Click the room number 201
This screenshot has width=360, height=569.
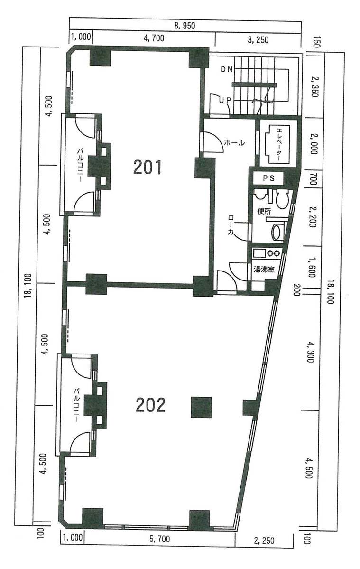[x=147, y=168]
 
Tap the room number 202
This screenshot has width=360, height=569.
[x=150, y=405]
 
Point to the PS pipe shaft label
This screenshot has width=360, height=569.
[x=268, y=178]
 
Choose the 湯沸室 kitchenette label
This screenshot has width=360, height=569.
[x=264, y=269]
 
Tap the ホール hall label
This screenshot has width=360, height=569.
[x=234, y=143]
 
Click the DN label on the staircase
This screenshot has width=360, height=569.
[x=227, y=70]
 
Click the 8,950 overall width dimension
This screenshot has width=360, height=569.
[x=185, y=26]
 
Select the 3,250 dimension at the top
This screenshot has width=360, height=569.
[x=258, y=39]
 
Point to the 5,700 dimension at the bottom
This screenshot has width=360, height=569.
[x=159, y=539]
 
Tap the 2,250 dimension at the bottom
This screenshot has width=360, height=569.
[x=264, y=541]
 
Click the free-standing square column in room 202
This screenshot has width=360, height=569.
[x=201, y=407]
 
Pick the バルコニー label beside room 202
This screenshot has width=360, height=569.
[x=76, y=405]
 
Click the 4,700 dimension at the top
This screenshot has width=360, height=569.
[x=154, y=38]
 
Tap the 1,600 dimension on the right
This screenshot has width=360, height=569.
[x=311, y=268]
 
